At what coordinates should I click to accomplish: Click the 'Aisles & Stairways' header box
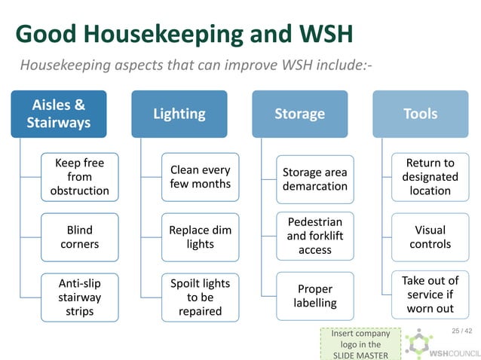coord(59,114)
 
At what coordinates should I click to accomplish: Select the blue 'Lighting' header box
coord(179,114)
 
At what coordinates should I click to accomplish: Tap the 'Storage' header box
coord(299,114)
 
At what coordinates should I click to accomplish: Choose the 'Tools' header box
coord(420,114)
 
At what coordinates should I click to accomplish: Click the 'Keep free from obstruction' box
coord(79,177)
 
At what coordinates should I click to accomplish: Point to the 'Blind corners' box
coord(79,236)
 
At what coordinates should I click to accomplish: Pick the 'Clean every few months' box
coord(200,177)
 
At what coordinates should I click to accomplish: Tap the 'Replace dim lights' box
coord(200,236)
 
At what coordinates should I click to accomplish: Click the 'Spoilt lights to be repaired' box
coord(200,297)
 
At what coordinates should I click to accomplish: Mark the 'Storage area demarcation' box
coord(314,179)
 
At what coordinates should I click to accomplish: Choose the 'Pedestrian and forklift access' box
coord(314,236)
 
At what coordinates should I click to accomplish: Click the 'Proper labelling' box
coord(314,295)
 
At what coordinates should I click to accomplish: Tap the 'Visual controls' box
coord(430,236)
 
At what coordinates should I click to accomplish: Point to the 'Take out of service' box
coord(430,294)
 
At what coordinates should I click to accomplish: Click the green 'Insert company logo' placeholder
coord(355,343)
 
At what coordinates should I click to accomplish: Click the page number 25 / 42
coord(461,331)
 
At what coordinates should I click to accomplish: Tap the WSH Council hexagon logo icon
coord(416,343)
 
